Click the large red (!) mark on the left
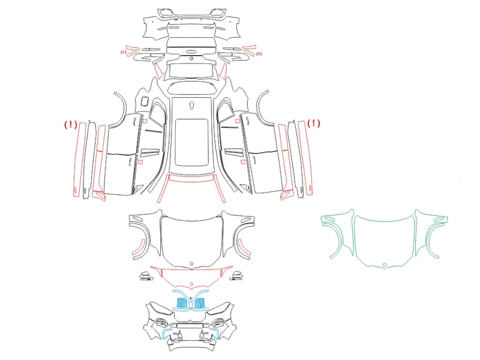pyautogui.click(x=70, y=124)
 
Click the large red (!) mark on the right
pyautogui.click(x=314, y=124)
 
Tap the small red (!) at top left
pyautogui.click(x=123, y=52)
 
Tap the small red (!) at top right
pyautogui.click(x=259, y=54)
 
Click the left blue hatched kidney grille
pyautogui.click(x=182, y=303)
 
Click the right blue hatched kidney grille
pyautogui.click(x=200, y=303)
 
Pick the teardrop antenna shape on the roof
pyautogui.click(x=191, y=106)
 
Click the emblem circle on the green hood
pyautogui.click(x=384, y=265)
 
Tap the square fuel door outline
pyautogui.click(x=145, y=101)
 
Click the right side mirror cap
pyautogui.click(x=237, y=275)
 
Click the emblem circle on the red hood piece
pyautogui.click(x=191, y=284)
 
